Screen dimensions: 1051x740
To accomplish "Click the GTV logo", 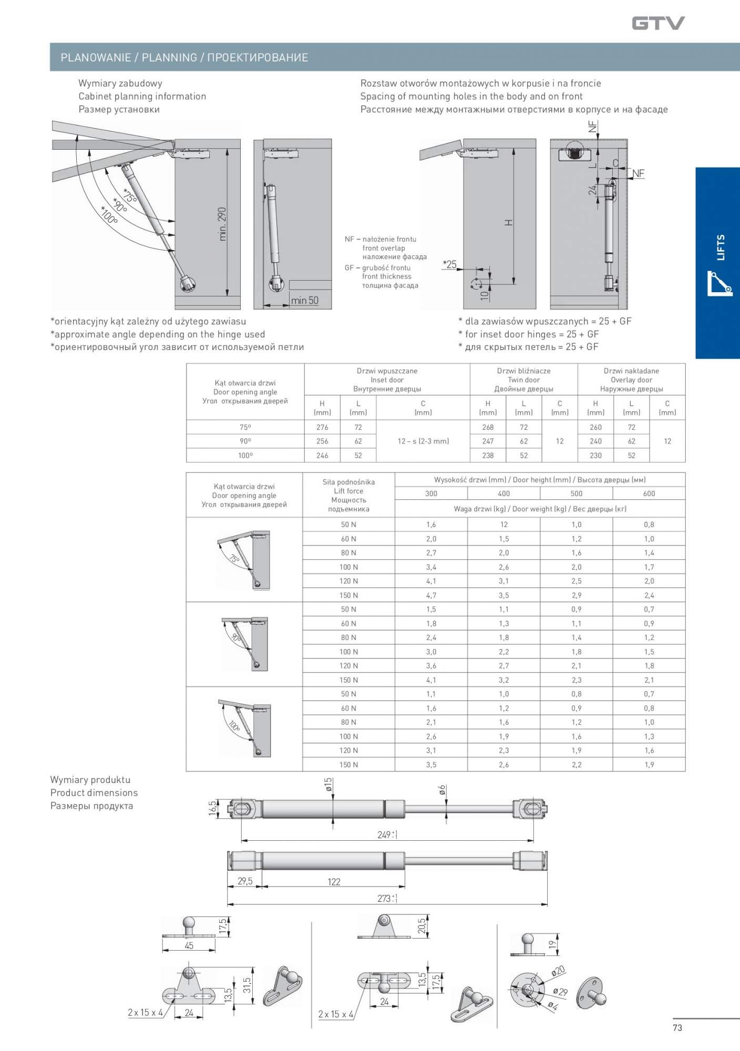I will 658,23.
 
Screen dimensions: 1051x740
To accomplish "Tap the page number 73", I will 677,1027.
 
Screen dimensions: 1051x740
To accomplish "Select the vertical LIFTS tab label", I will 721,247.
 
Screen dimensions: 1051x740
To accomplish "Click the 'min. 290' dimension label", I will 222,224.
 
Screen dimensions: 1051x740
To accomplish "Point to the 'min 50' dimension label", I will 305,301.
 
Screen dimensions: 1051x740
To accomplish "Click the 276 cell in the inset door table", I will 322,427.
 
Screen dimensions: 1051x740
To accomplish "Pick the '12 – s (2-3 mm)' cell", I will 423,441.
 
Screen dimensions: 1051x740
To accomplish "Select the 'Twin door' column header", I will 523,380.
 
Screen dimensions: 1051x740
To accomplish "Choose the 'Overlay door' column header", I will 631,380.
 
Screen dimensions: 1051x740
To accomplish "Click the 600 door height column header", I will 649,493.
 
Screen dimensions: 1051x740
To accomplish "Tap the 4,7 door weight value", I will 431,595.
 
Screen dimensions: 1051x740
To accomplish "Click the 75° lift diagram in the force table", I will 244,560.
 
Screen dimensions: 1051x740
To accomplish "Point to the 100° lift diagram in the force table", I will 244,729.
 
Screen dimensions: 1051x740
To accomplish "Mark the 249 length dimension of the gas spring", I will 386,834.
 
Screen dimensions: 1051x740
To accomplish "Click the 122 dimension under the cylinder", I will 334,882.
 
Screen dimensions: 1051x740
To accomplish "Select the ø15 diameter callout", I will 328,785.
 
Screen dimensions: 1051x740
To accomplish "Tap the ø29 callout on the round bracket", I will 560,992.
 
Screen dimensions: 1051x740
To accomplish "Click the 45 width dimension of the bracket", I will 189,946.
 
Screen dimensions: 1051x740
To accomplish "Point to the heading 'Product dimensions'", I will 94,793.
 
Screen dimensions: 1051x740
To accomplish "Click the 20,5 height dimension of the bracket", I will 422,926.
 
